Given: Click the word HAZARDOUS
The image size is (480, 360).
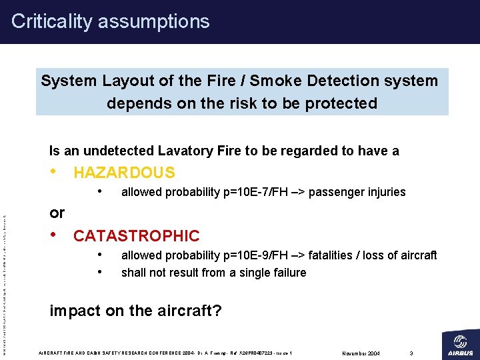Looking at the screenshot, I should [x=124, y=173].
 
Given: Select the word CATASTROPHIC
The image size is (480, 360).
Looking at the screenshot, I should [x=136, y=235].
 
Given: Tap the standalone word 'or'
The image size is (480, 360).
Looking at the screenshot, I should [x=57, y=213].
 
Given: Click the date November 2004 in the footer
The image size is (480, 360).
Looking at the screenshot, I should [x=360, y=353].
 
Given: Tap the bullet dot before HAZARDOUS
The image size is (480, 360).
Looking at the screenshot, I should [x=54, y=172].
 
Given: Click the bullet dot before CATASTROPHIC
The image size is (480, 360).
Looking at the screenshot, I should [x=54, y=235].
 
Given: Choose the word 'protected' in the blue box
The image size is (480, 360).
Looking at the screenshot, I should [x=343, y=103].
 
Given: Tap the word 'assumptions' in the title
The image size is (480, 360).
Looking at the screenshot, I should [x=153, y=21].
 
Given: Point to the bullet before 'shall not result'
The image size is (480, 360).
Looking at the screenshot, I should [x=99, y=271].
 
